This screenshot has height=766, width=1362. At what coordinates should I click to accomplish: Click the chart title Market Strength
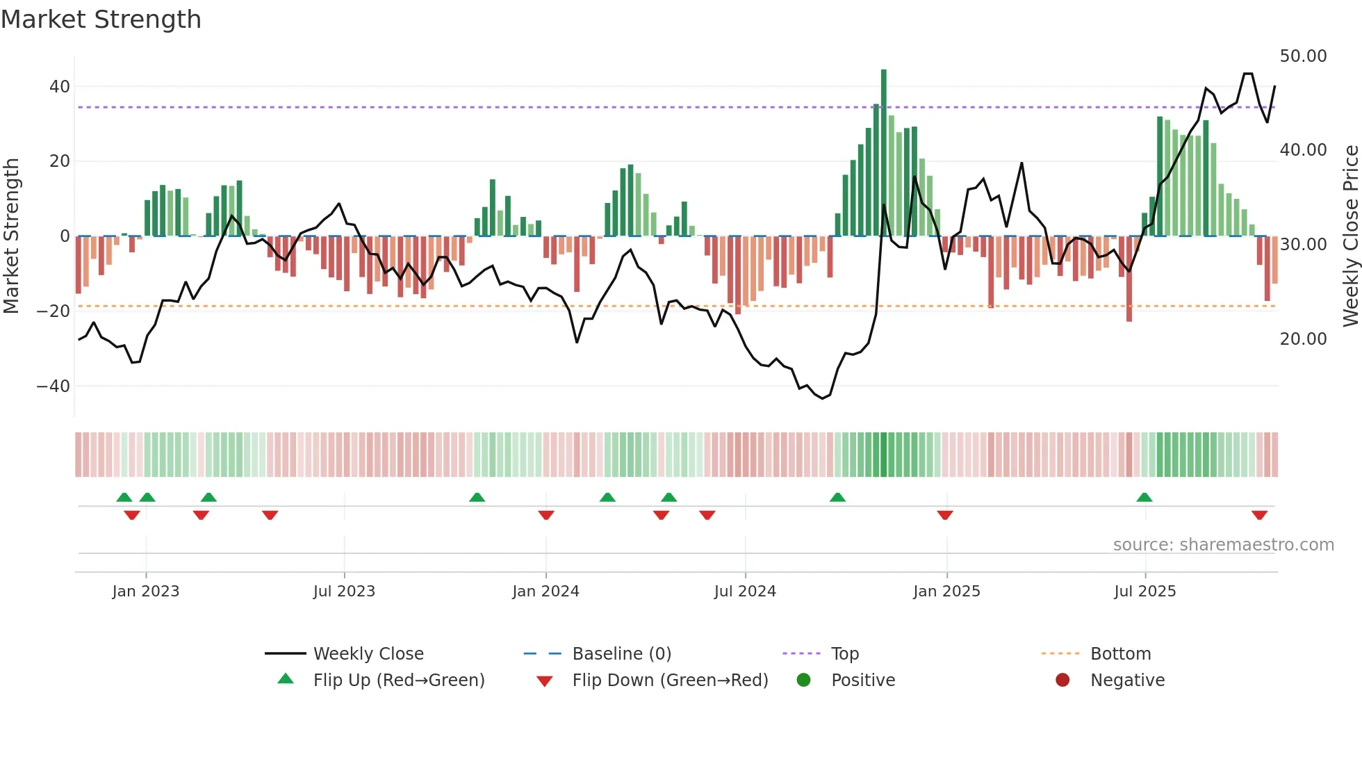click(x=101, y=19)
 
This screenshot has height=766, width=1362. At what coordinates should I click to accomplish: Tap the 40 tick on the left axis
click(x=59, y=87)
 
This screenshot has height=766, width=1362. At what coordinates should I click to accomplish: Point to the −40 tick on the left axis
click(x=54, y=386)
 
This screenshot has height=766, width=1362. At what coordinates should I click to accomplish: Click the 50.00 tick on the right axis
click(x=1303, y=56)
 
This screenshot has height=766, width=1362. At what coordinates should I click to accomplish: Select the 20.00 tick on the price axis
click(x=1303, y=339)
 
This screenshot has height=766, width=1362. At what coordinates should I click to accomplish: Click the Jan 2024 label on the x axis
click(x=545, y=592)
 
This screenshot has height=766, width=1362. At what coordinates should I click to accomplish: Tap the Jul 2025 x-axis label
click(x=1144, y=592)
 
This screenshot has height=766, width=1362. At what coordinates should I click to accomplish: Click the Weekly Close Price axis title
click(x=1350, y=236)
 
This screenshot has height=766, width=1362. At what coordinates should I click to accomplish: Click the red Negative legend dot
click(x=1062, y=681)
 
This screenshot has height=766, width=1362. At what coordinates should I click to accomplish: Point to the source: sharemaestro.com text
click(x=1223, y=545)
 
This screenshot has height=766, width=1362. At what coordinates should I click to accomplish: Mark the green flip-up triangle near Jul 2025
click(x=1144, y=498)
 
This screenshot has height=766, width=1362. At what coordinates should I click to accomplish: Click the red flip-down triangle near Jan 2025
click(x=944, y=515)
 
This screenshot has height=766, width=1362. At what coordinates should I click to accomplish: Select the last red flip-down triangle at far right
click(x=1259, y=515)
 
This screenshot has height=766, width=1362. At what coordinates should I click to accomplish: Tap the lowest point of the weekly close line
click(x=822, y=398)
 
